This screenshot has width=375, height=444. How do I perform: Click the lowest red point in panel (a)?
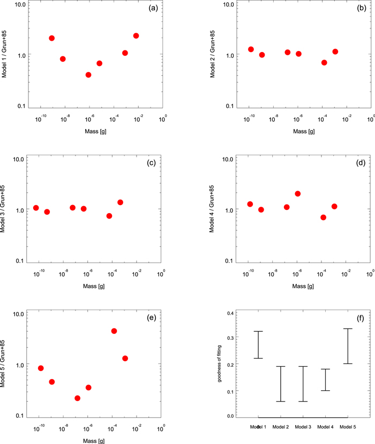[88, 75]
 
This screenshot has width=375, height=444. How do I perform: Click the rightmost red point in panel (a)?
[136, 36]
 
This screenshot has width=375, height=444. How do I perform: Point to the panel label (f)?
[361, 318]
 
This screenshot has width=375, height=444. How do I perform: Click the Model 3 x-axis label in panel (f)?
[303, 426]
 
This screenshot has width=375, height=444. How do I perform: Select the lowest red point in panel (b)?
[324, 62]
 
